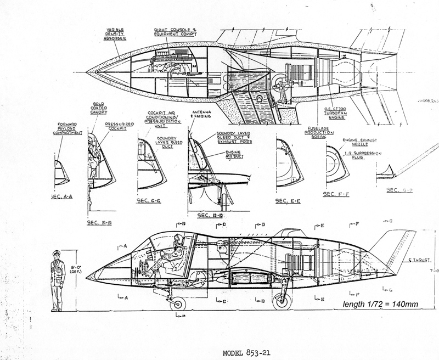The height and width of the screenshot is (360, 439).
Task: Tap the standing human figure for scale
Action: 57,279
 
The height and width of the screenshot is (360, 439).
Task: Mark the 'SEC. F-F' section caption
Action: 336,194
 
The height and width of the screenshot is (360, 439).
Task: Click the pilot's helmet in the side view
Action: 178,239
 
